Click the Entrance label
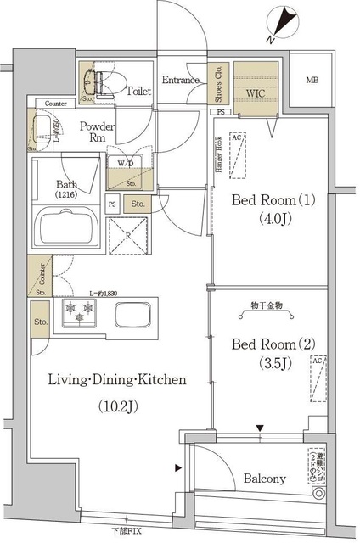[x=180, y=81]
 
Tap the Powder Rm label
[x=96, y=133]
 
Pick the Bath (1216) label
[x=69, y=188]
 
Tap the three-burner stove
[x=81, y=316]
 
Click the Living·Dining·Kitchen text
[x=116, y=379]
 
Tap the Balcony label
[x=264, y=479]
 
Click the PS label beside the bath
[x=112, y=204]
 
